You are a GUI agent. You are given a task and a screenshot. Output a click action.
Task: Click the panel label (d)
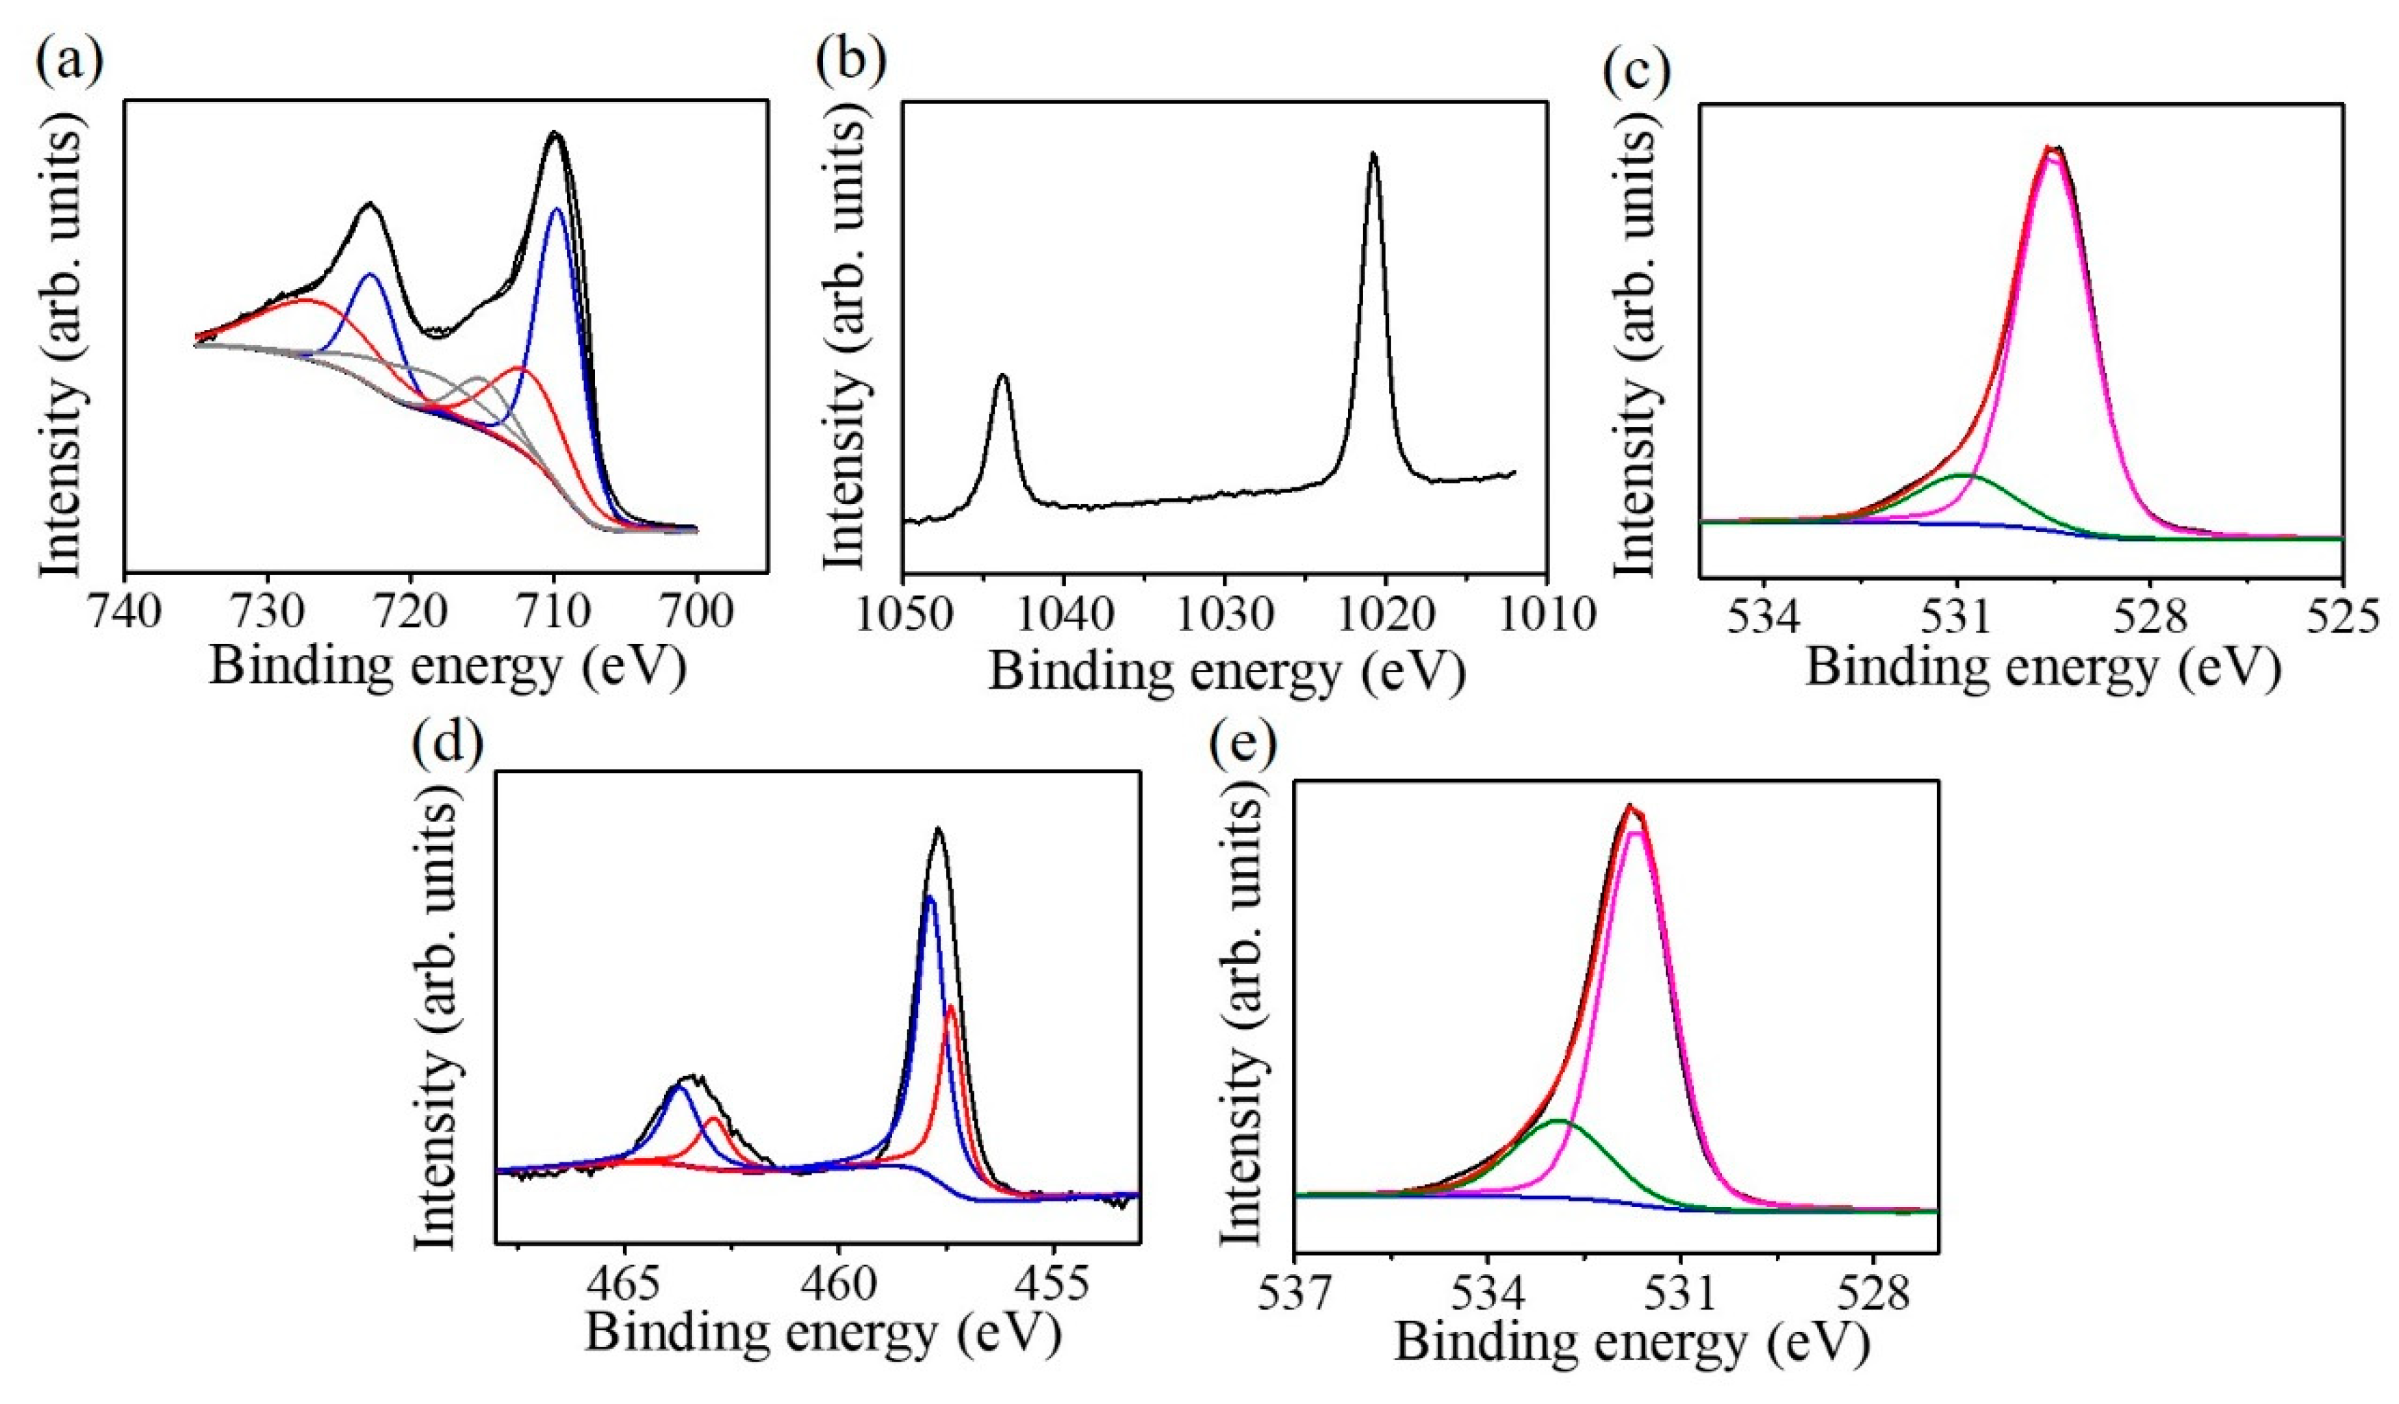click(x=448, y=741)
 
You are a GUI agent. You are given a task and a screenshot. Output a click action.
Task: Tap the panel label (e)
click(x=1243, y=741)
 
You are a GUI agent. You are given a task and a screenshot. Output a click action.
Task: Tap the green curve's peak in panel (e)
click(x=1558, y=1121)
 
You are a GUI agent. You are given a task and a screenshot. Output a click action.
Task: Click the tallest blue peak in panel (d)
click(x=930, y=897)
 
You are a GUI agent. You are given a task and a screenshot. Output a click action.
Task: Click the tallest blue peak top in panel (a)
click(x=557, y=209)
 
